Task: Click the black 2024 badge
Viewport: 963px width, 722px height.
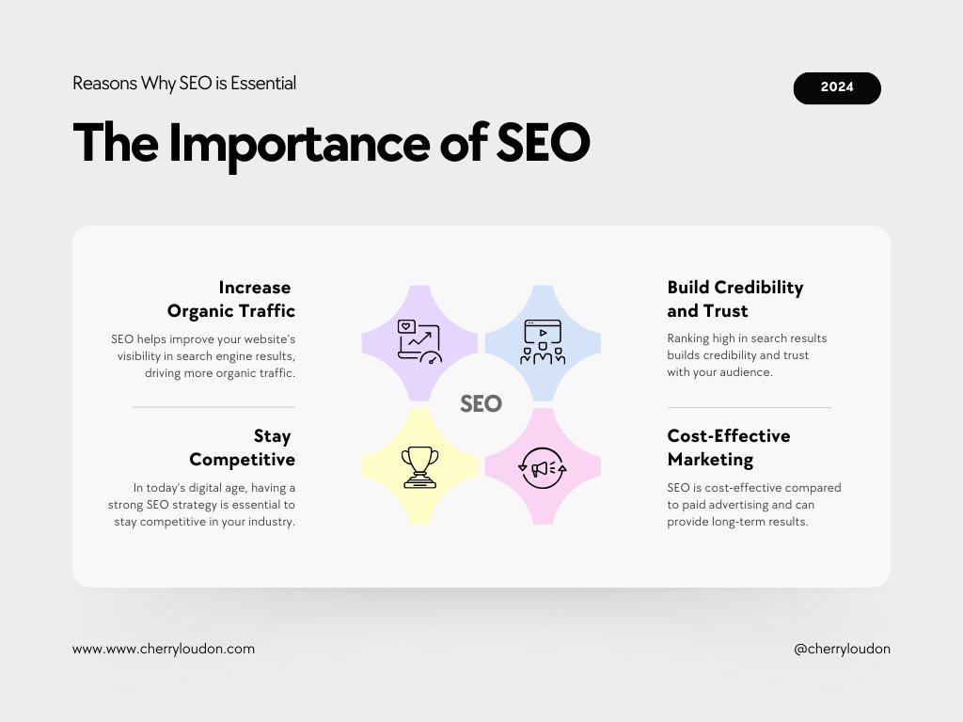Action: coord(837,87)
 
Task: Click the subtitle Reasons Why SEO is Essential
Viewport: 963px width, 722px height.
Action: coord(184,84)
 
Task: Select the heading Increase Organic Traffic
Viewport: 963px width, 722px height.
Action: coord(231,299)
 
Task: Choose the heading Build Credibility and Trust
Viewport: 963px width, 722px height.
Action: coord(734,299)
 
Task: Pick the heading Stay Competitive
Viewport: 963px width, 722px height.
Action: coord(243,447)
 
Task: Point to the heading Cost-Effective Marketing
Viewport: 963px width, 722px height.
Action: coord(728,447)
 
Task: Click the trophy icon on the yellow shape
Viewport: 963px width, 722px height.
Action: coord(419,466)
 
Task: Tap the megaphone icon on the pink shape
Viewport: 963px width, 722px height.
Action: coord(543,466)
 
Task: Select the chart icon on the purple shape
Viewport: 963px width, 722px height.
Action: coord(419,342)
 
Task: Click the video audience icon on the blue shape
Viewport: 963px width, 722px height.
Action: coord(543,342)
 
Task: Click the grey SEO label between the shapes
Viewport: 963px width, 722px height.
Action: coord(481,404)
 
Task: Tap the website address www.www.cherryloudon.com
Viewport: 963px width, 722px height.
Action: coord(164,649)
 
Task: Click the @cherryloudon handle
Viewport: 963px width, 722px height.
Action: coord(842,649)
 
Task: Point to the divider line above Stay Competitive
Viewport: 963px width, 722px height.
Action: coord(213,407)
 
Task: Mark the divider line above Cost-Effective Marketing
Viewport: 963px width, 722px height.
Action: coord(749,407)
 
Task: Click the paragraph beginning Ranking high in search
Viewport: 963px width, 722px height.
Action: coord(747,355)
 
